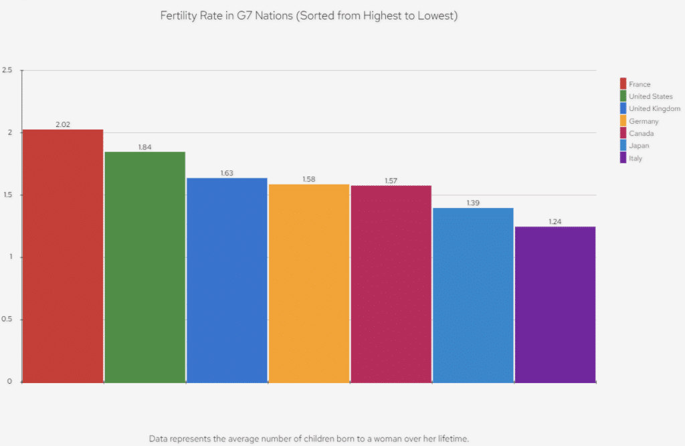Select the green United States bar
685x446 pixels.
(144, 267)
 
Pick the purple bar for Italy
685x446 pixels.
(555, 304)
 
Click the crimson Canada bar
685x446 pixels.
(391, 284)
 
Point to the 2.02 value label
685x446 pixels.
(63, 124)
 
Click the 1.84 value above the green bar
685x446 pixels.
(145, 147)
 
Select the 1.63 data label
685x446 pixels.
(227, 173)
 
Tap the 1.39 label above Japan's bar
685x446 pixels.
(473, 203)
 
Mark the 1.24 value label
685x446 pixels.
(555, 221)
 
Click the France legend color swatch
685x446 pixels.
(623, 84)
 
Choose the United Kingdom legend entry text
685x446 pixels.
(654, 109)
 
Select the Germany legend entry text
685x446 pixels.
(644, 121)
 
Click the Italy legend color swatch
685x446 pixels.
(623, 158)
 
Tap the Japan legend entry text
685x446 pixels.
(639, 146)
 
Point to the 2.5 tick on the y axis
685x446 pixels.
(7, 70)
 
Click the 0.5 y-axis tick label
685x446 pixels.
(7, 320)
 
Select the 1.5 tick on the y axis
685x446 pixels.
(7, 195)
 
